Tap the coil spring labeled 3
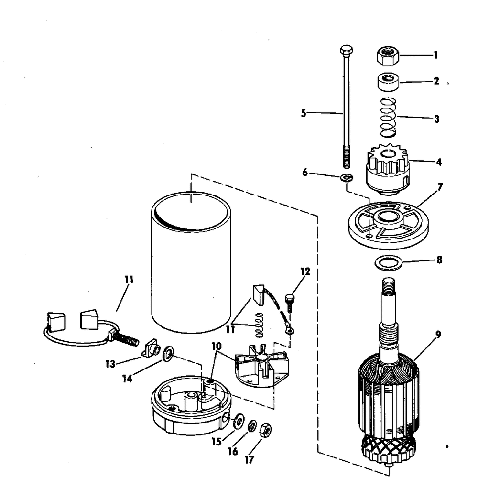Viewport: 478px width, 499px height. click(x=389, y=117)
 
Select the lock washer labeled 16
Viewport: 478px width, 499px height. click(x=252, y=425)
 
